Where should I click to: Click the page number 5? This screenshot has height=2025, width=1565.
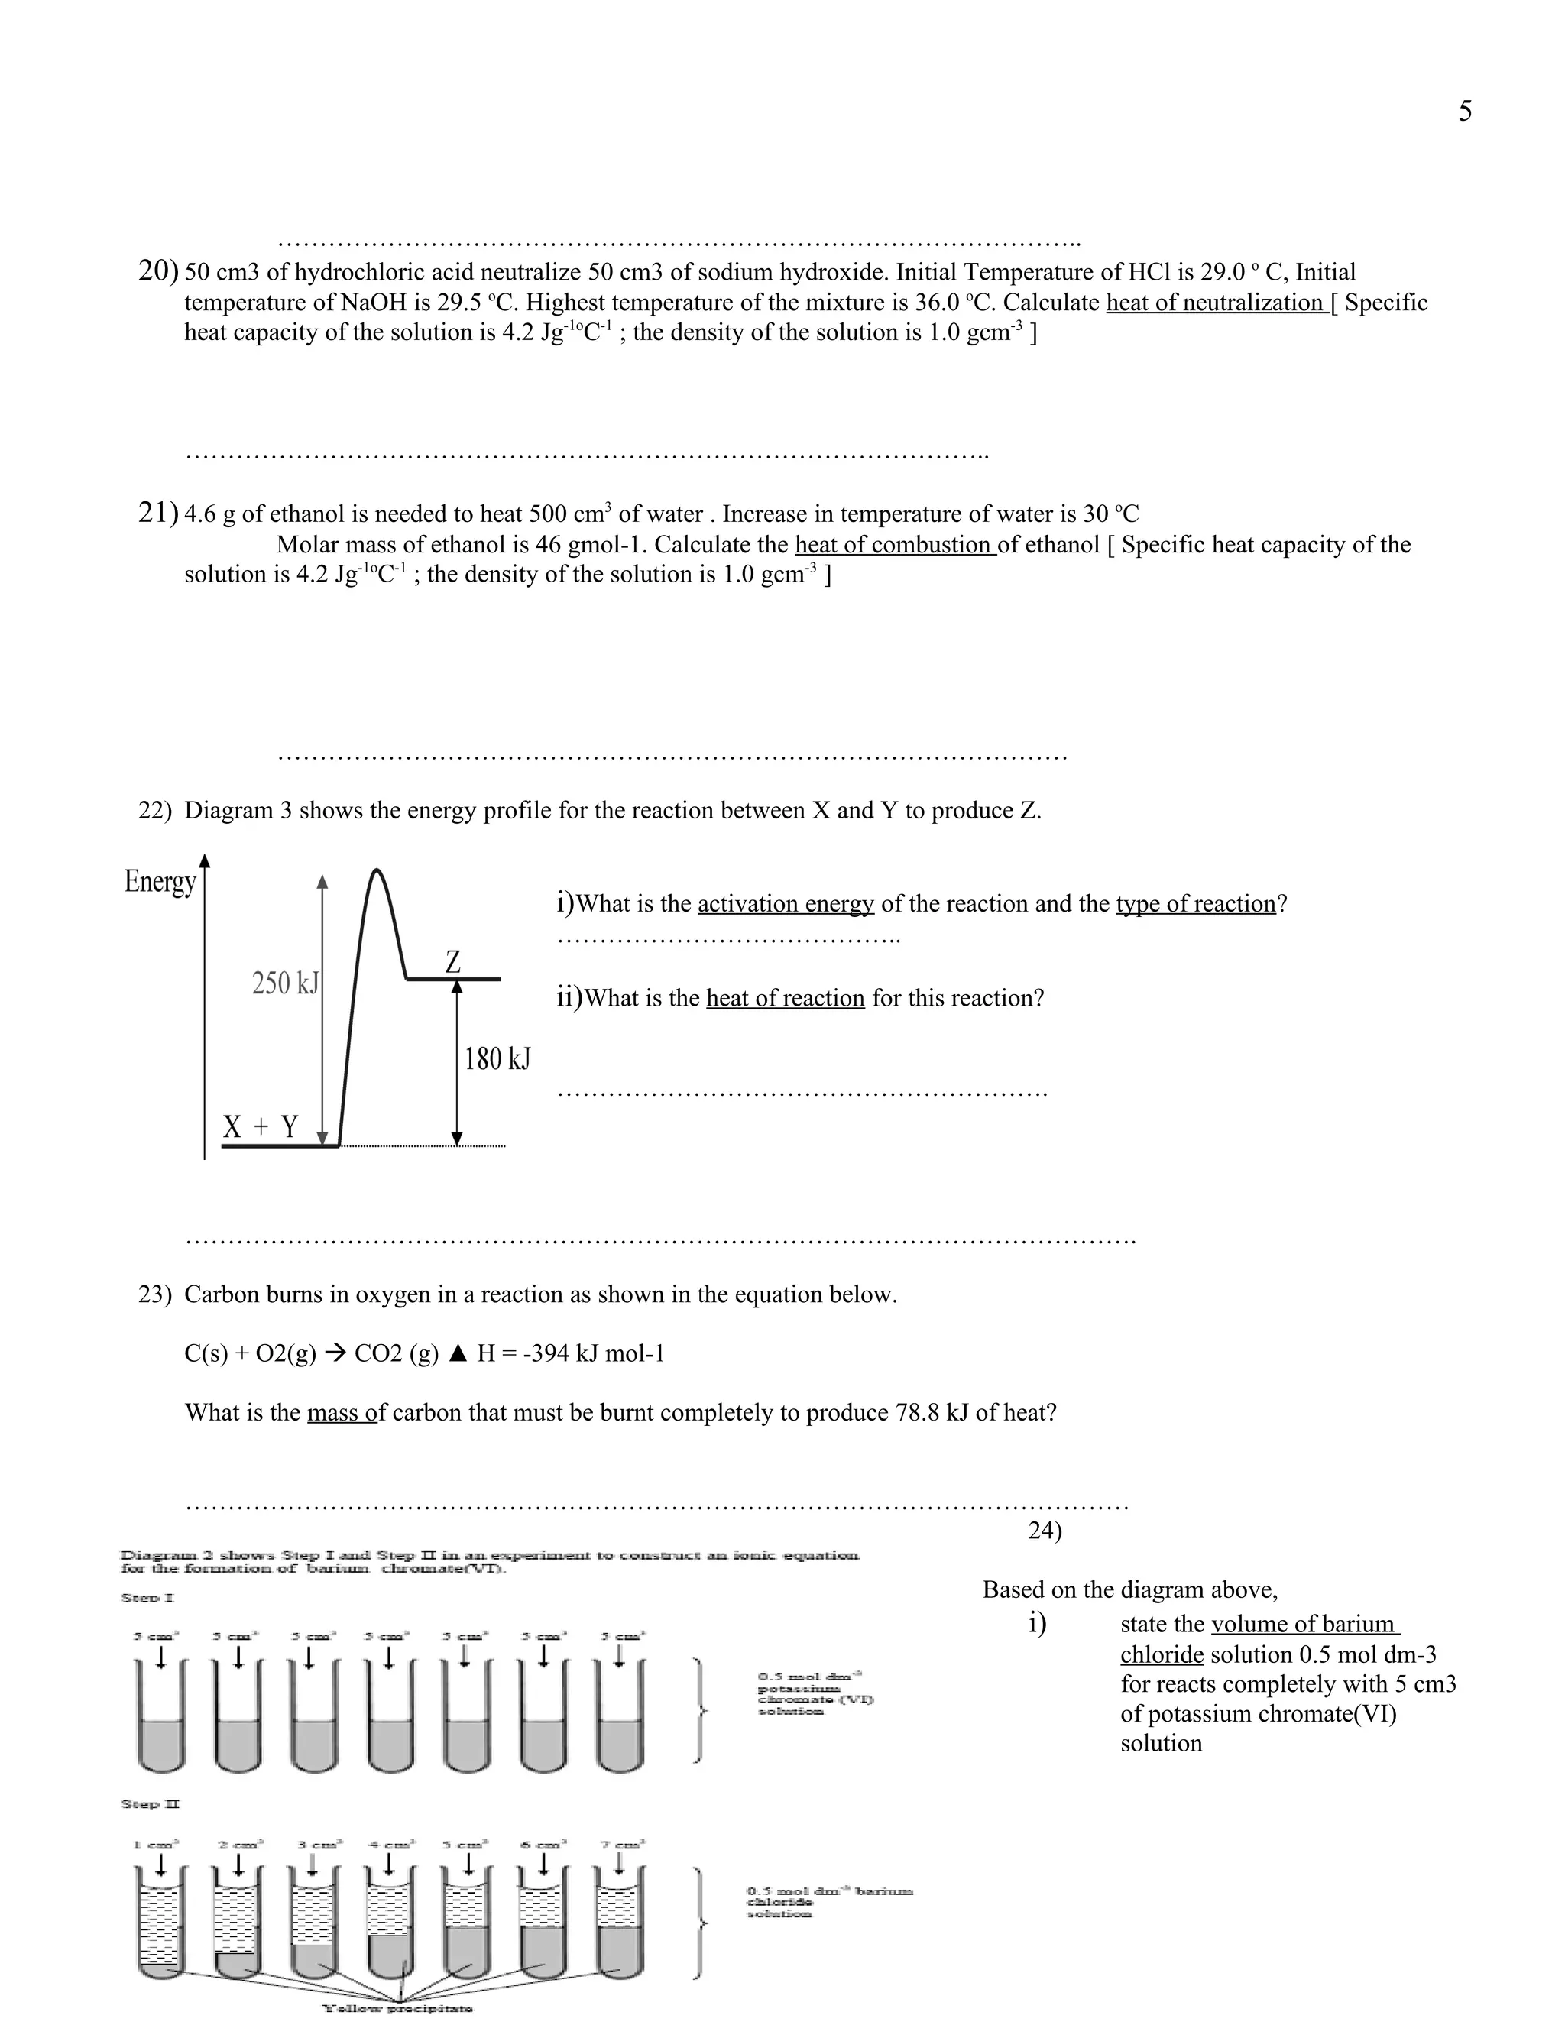[1465, 112]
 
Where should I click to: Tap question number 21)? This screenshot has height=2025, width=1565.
[158, 513]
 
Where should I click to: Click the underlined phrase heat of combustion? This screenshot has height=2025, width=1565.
[895, 544]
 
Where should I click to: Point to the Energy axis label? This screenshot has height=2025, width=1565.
[160, 882]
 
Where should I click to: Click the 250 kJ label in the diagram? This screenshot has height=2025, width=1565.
[284, 983]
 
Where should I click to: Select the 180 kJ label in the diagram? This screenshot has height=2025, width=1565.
[497, 1059]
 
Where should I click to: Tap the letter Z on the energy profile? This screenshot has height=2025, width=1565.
[452, 962]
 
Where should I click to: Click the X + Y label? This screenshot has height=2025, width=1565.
[261, 1127]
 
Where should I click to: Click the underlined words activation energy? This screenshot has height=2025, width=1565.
[786, 904]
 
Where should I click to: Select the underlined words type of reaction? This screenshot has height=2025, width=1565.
[1196, 904]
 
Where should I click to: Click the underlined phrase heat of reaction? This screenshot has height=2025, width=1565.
[786, 999]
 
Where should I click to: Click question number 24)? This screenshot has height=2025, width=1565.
[1045, 1531]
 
